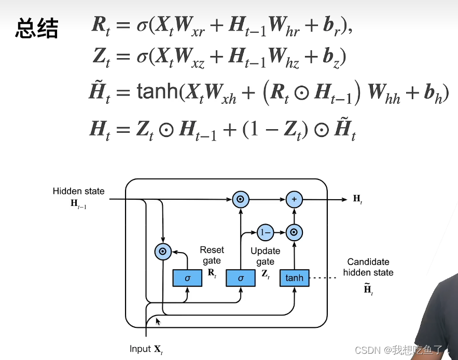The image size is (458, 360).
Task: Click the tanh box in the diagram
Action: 294,278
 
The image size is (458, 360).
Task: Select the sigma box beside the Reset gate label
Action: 187,278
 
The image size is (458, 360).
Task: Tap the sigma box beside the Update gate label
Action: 241,278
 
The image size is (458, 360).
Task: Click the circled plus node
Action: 294,199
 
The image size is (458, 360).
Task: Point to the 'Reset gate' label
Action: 211,255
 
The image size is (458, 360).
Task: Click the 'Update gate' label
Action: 265,256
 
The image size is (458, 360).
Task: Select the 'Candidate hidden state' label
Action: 368,267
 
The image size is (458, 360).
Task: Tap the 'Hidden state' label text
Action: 78,191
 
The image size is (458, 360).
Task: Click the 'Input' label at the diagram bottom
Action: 140,349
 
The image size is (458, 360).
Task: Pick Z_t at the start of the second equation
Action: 101,57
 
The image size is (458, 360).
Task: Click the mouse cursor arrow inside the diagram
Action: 158,322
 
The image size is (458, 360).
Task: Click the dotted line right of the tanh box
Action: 324,278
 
